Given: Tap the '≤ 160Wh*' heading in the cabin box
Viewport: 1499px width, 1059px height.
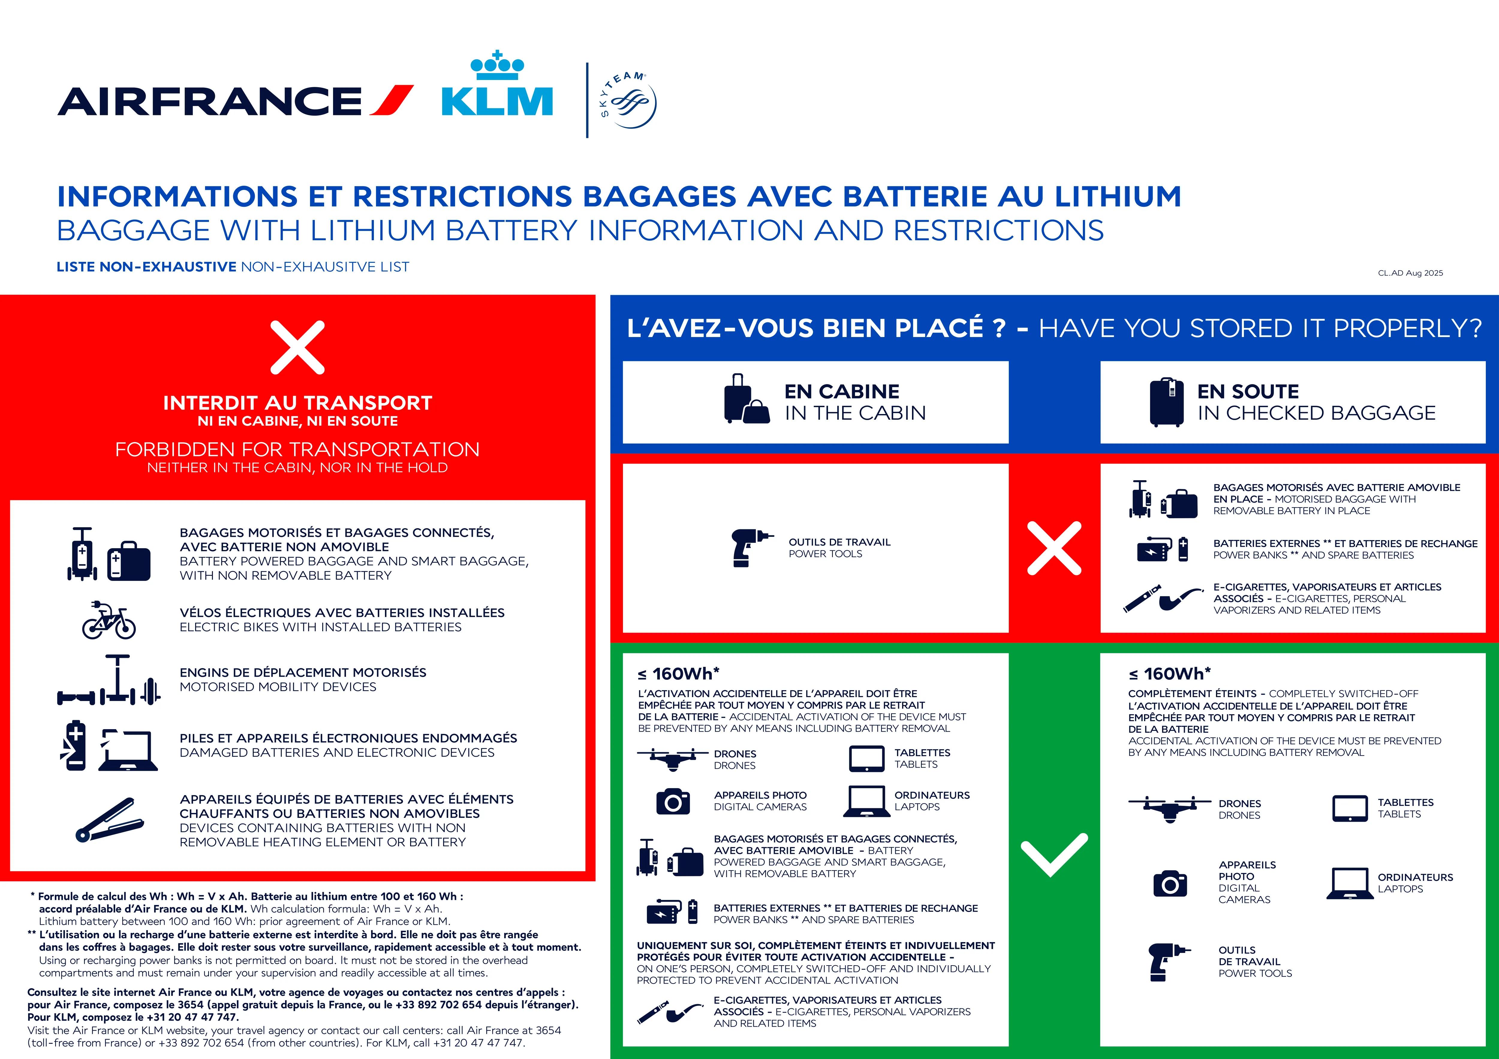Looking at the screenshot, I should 678,673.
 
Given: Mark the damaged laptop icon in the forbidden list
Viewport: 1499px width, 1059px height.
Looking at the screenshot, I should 128,750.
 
